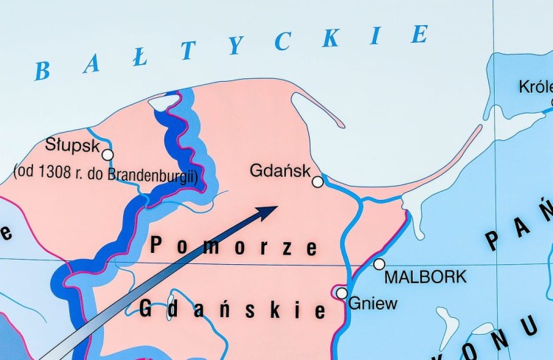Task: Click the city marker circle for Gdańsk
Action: coord(318,181)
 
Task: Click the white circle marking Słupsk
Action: coord(108,155)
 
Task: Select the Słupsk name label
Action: coord(72,143)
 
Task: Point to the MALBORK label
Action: coord(425,277)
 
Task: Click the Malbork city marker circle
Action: coord(379,264)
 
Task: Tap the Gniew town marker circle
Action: coord(341,293)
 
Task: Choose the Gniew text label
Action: coord(372,303)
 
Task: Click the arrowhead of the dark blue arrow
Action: coord(266,212)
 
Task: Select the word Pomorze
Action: coord(234,246)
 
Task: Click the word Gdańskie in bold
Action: coord(232,308)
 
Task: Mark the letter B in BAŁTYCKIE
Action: coord(42,72)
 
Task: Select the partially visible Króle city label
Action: coord(535,87)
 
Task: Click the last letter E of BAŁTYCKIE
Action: coord(420,34)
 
